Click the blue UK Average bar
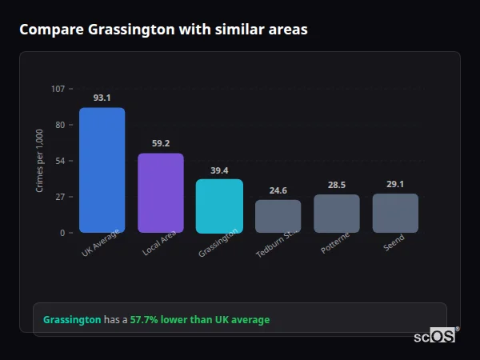click(x=102, y=170)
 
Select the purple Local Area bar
click(x=160, y=193)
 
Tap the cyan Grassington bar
click(x=219, y=206)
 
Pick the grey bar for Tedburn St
click(x=278, y=216)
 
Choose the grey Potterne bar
click(x=336, y=214)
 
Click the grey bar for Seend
click(x=395, y=213)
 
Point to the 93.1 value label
click(x=102, y=98)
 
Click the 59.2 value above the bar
click(x=160, y=143)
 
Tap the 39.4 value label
click(x=219, y=170)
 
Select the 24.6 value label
click(x=278, y=190)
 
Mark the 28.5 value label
click(x=336, y=185)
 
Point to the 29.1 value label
click(x=395, y=184)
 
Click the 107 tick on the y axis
click(x=58, y=89)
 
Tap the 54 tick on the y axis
click(x=60, y=161)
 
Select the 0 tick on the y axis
click(x=62, y=233)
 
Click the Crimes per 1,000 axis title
click(x=40, y=161)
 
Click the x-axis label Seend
click(x=394, y=243)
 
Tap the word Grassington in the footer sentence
click(x=72, y=320)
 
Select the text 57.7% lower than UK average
click(x=200, y=320)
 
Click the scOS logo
click(x=434, y=336)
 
